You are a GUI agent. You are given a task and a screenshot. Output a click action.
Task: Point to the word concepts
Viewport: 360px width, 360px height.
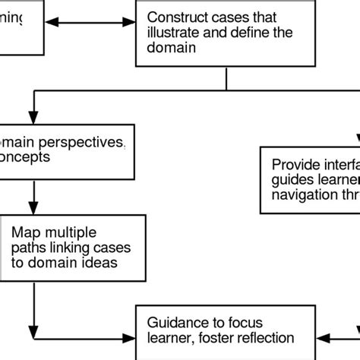tap(27, 158)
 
